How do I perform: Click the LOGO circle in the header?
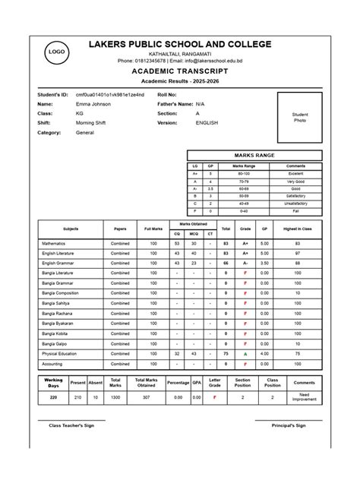click(x=56, y=51)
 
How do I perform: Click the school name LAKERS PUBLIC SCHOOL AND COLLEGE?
click(x=179, y=44)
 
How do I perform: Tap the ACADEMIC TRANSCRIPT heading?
click(x=179, y=70)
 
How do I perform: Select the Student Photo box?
click(x=300, y=118)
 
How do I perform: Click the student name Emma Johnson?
click(x=93, y=103)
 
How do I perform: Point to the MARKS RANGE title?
click(x=254, y=155)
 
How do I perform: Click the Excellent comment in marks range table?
click(x=295, y=174)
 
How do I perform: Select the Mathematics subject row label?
click(x=55, y=244)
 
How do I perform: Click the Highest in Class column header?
click(x=297, y=229)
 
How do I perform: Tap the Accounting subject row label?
click(x=53, y=364)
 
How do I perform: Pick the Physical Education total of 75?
click(x=226, y=353)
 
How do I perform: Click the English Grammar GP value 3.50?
click(x=264, y=263)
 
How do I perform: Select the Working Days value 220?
click(x=53, y=396)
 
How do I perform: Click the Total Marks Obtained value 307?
click(x=146, y=396)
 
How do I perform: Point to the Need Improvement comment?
click(x=304, y=397)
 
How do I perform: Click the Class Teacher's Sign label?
click(x=71, y=425)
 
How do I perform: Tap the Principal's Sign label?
click(x=289, y=425)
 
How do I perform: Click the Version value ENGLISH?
click(x=207, y=122)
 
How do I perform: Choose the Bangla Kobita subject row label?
click(x=55, y=333)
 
